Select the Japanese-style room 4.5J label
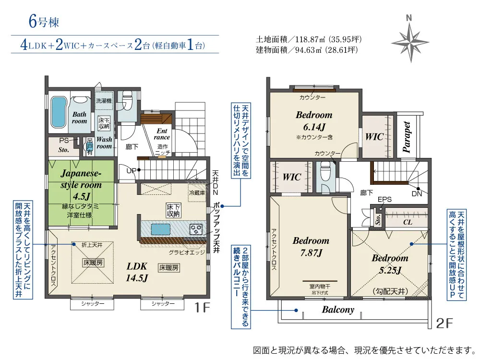81,184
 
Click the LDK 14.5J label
137,272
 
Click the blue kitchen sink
160,229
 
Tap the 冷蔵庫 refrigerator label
197,193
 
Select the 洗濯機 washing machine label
104,100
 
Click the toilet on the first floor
126,102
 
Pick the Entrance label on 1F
162,134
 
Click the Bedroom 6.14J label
314,120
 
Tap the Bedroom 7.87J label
311,246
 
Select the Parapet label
407,137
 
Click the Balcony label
338,310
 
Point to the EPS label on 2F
384,200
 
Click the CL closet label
408,222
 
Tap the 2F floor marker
444,323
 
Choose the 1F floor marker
202,307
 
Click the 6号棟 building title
44,22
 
